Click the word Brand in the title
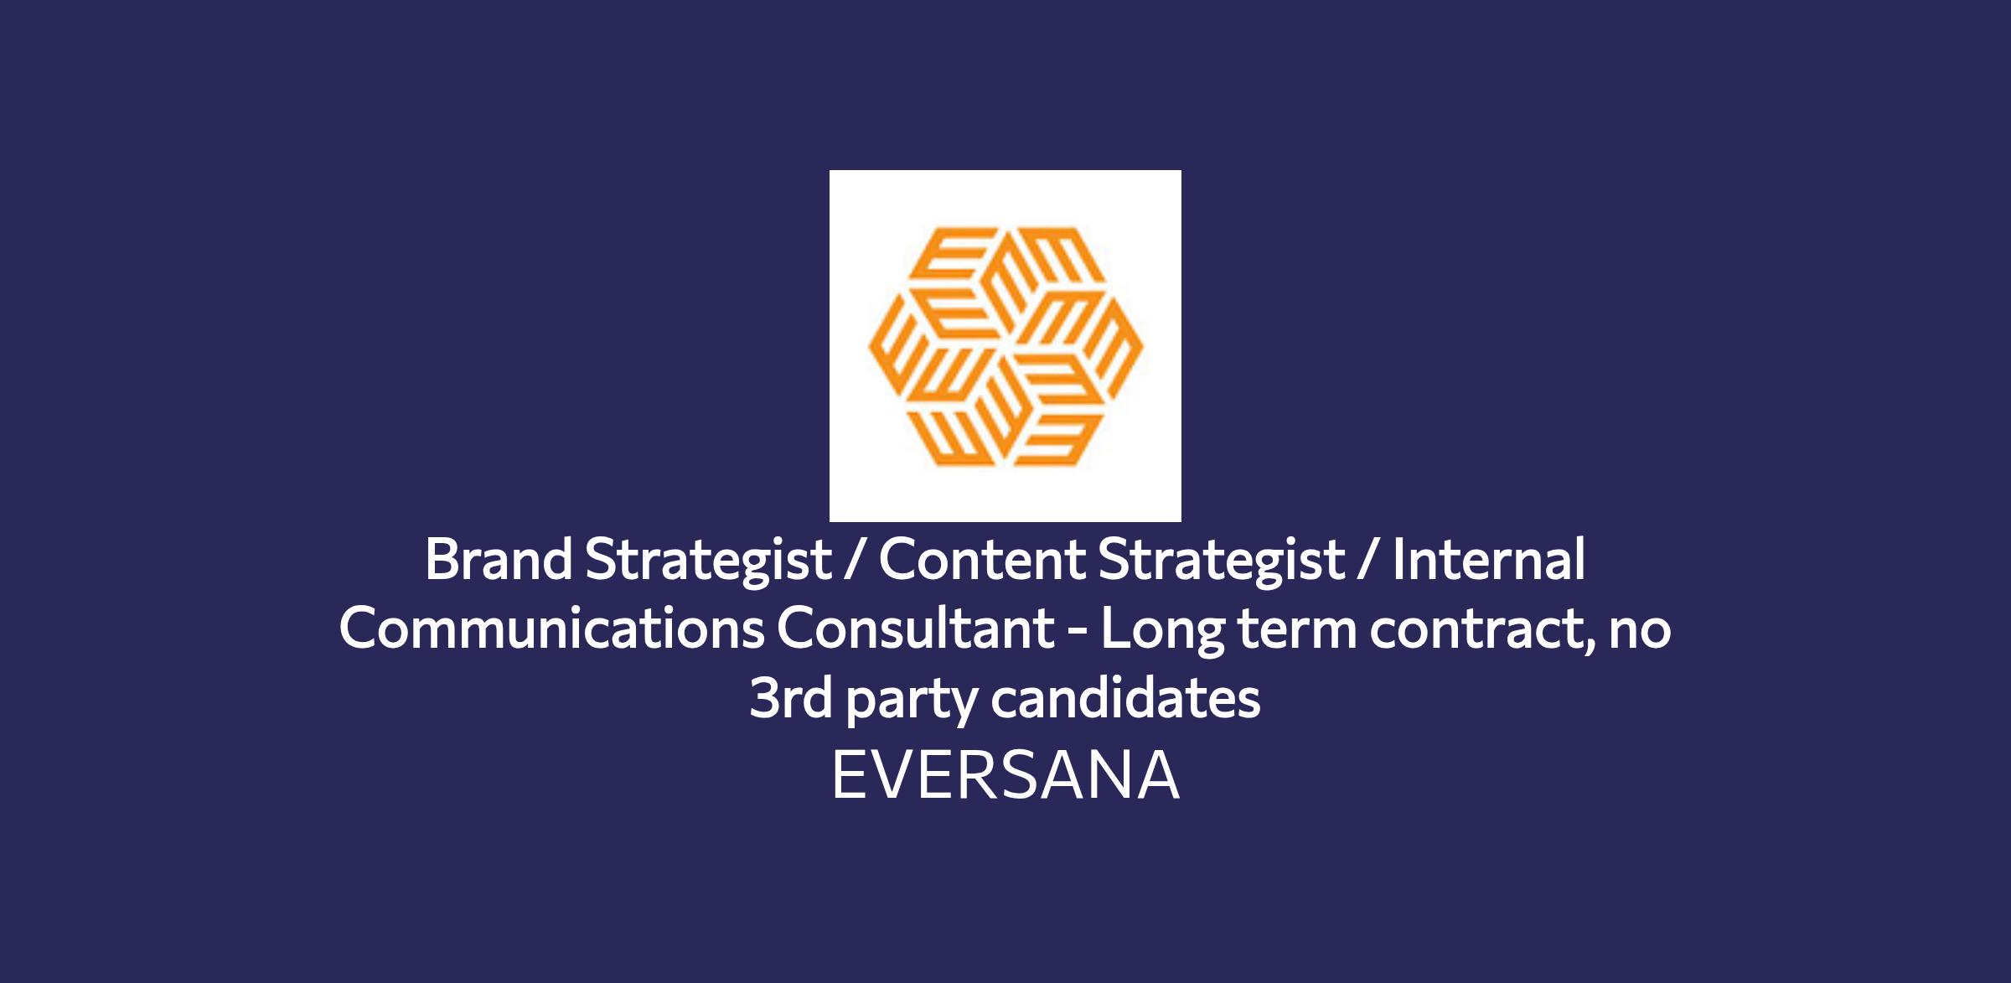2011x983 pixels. [499, 559]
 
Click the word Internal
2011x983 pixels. [1489, 559]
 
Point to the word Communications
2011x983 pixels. [551, 628]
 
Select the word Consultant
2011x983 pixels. [916, 628]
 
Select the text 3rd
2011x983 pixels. [791, 697]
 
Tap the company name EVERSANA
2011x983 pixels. [1005, 775]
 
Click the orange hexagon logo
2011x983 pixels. [1005, 346]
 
